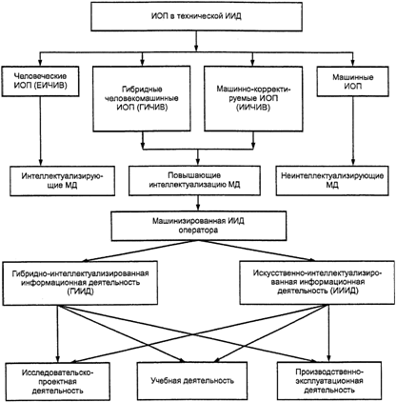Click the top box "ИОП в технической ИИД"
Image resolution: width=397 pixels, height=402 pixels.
click(x=196, y=16)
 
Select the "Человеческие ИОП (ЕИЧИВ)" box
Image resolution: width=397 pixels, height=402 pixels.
click(x=40, y=81)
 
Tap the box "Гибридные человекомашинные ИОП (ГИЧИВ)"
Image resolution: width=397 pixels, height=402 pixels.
click(x=142, y=98)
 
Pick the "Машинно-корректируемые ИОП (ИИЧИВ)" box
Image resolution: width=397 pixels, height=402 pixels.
click(x=253, y=98)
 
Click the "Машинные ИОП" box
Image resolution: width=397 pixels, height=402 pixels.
click(x=352, y=81)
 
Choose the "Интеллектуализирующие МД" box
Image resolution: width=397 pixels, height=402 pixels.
click(x=62, y=180)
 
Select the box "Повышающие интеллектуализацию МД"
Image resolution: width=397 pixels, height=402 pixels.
click(x=194, y=180)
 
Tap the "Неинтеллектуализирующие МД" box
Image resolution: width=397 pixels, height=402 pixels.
click(x=332, y=180)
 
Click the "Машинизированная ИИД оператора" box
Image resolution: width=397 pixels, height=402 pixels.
click(x=199, y=226)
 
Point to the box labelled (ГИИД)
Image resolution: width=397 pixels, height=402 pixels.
click(x=80, y=283)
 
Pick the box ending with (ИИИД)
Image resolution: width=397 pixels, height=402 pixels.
click(x=318, y=283)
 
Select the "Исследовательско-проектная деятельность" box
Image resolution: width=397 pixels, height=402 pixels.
click(x=58, y=381)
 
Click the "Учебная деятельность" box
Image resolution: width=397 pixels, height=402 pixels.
click(x=192, y=381)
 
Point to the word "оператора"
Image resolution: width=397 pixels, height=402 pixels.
click(x=198, y=231)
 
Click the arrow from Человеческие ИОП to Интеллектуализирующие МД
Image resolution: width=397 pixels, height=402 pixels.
click(x=40, y=131)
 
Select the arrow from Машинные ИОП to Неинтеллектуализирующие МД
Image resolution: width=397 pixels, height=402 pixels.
click(x=352, y=131)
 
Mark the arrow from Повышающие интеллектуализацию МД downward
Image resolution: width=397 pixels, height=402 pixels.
click(x=198, y=204)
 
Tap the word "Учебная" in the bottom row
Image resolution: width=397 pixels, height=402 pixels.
click(x=165, y=380)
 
